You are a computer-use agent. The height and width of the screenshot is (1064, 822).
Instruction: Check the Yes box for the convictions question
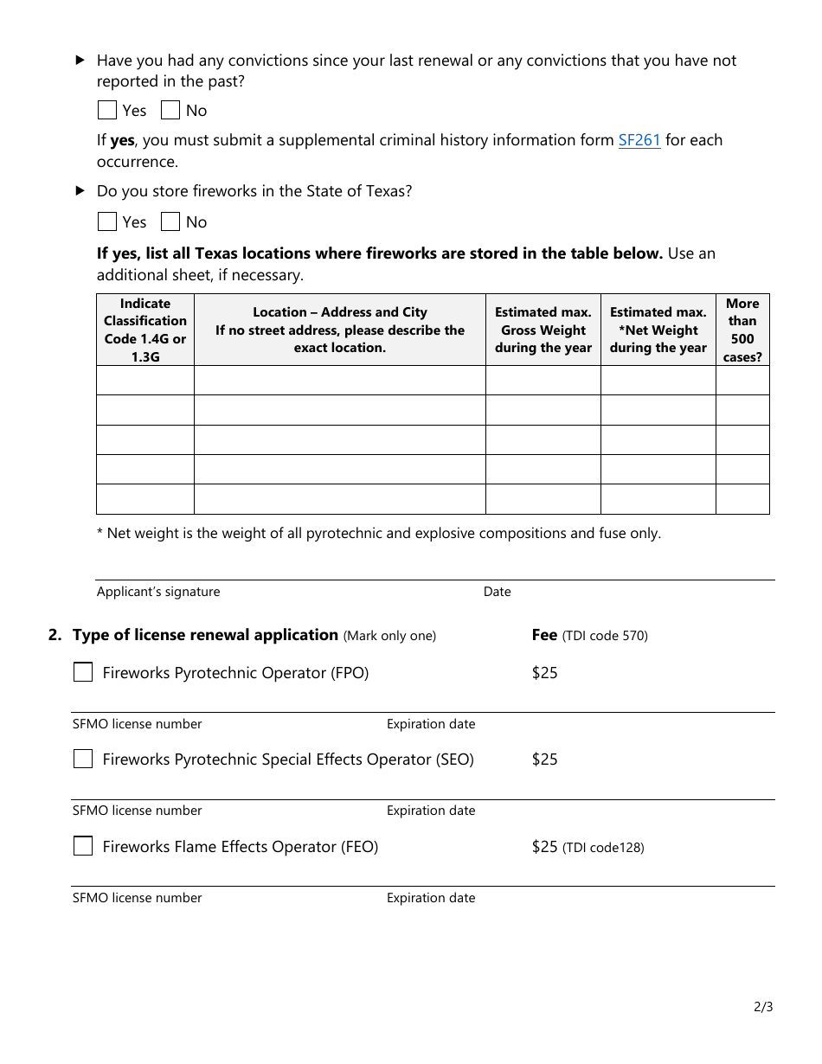(107, 110)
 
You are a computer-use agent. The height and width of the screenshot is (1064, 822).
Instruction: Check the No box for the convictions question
(170, 110)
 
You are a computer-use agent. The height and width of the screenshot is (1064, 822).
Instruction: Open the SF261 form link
(639, 140)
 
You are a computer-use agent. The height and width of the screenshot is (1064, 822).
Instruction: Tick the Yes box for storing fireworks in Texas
(107, 221)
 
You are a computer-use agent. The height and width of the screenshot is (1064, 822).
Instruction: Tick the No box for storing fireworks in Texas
(170, 221)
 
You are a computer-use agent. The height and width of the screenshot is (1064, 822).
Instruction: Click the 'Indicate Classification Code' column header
(145, 330)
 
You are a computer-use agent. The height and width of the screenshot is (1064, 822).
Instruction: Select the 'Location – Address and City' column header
(340, 330)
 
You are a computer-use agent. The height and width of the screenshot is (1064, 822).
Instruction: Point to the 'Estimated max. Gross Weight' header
(543, 330)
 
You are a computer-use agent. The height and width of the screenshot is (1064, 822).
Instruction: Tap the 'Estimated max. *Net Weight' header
(658, 330)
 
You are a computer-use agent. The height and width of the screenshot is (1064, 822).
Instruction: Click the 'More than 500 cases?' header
(742, 330)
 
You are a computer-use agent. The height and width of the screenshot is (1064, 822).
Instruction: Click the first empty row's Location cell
(340, 381)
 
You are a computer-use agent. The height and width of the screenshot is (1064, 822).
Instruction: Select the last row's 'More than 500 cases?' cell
(742, 499)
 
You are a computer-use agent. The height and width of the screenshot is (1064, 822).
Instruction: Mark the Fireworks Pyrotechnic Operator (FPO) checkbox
(83, 672)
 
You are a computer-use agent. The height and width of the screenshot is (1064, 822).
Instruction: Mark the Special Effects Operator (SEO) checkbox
(83, 759)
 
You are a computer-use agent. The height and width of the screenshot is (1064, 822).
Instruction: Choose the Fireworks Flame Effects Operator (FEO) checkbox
(83, 846)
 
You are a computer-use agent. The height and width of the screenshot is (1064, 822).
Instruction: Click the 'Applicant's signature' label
(158, 592)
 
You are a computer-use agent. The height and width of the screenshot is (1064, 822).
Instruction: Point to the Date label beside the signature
(498, 592)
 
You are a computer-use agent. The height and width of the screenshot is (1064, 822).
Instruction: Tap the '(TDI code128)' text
(603, 848)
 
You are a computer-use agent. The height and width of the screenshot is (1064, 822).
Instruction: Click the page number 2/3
(763, 1007)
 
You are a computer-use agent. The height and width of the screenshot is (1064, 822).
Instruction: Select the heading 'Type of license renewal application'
(205, 635)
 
